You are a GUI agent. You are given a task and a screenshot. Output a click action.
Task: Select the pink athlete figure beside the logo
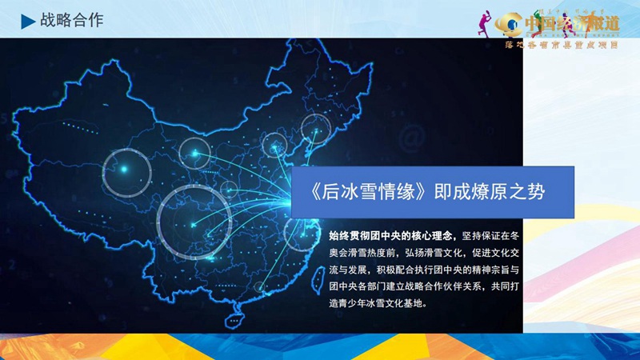(x=489, y=22)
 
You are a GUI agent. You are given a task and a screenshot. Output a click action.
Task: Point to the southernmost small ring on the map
(x=261, y=287)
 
